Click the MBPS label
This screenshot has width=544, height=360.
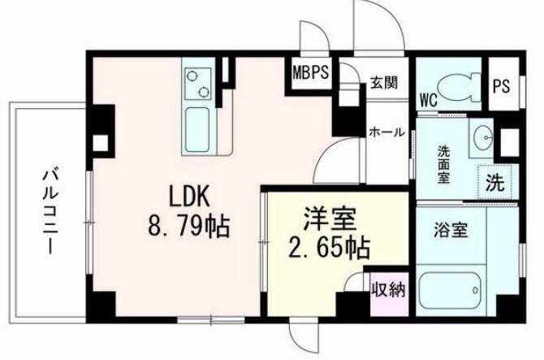pyautogui.click(x=310, y=72)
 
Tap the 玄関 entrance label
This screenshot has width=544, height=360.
pyautogui.click(x=384, y=83)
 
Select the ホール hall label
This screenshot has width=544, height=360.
pyautogui.click(x=386, y=132)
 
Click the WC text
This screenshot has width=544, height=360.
pyautogui.click(x=429, y=101)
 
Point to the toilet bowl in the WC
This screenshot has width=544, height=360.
pyautogui.click(x=458, y=88)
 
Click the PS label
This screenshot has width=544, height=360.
pyautogui.click(x=501, y=86)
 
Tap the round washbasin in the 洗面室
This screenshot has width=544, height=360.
pyautogui.click(x=484, y=137)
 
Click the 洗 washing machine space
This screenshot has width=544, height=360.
pyautogui.click(x=495, y=183)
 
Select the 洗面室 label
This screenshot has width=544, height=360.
pyautogui.click(x=443, y=164)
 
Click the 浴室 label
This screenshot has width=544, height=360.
pyautogui.click(x=451, y=229)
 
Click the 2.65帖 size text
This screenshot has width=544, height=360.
pyautogui.click(x=329, y=248)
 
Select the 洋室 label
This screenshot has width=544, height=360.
pyautogui.click(x=330, y=219)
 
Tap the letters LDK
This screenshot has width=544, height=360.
pyautogui.click(x=189, y=196)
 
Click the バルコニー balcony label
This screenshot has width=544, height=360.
pyautogui.click(x=50, y=212)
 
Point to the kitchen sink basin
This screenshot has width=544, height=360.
pyautogui.click(x=197, y=130)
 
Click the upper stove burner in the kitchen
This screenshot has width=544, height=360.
pyautogui.click(x=192, y=75)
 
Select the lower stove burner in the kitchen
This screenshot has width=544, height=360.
pyautogui.click(x=204, y=91)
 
